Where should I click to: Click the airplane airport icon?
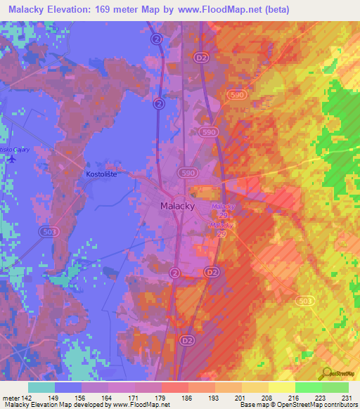pos(11,158)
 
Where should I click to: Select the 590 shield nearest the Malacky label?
pos(186,172)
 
